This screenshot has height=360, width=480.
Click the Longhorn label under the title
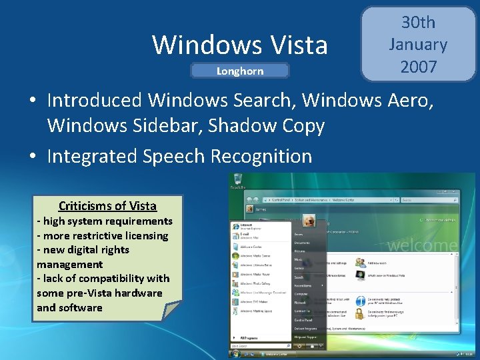click(240, 71)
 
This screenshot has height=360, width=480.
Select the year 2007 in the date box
click(418, 67)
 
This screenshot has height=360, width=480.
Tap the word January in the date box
click(418, 45)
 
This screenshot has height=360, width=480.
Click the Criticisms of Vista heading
click(107, 206)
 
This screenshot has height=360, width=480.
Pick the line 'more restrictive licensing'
click(103, 235)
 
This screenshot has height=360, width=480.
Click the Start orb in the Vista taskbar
click(235, 353)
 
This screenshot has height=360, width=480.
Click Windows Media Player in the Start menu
click(257, 273)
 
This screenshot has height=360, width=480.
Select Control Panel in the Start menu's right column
click(304, 320)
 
